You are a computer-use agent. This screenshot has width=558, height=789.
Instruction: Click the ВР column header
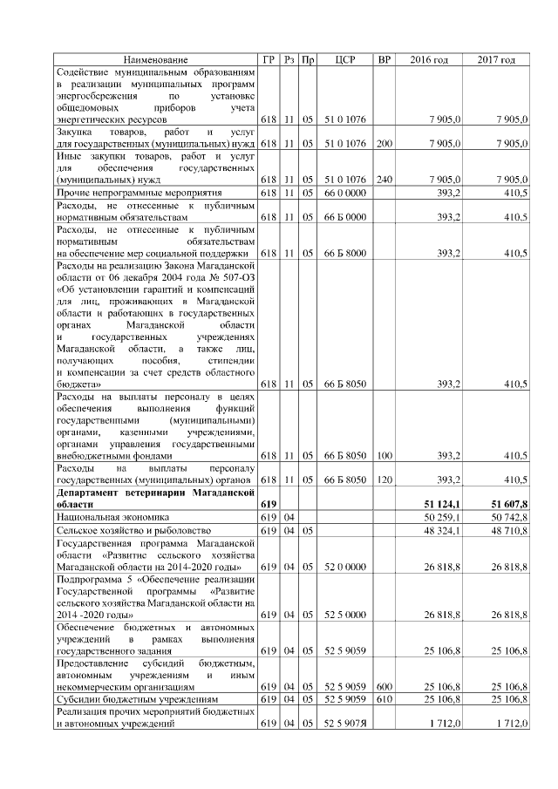(x=384, y=59)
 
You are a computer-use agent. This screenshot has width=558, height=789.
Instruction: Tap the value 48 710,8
(x=510, y=530)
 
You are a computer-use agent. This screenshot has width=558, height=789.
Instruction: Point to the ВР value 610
(x=384, y=698)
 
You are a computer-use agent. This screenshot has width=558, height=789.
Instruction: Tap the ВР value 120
(x=384, y=480)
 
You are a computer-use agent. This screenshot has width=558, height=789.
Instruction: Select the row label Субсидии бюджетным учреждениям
(x=131, y=698)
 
